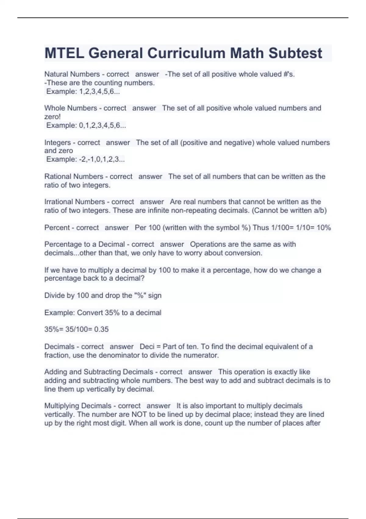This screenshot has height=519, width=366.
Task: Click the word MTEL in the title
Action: click(x=64, y=53)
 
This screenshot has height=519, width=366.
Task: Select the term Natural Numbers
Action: click(x=72, y=74)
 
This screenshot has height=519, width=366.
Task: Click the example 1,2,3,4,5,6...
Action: click(x=99, y=91)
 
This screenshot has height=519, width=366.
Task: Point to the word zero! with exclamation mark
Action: click(x=52, y=117)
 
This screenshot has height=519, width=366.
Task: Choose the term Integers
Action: click(x=57, y=143)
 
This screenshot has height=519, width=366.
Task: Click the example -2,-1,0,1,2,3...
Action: click(x=102, y=159)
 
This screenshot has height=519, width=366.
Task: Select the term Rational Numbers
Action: click(x=74, y=176)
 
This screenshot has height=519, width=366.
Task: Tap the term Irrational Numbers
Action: click(x=74, y=202)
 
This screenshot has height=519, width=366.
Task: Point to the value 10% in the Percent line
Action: click(x=324, y=228)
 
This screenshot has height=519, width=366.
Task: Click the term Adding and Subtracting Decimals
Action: click(x=99, y=372)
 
